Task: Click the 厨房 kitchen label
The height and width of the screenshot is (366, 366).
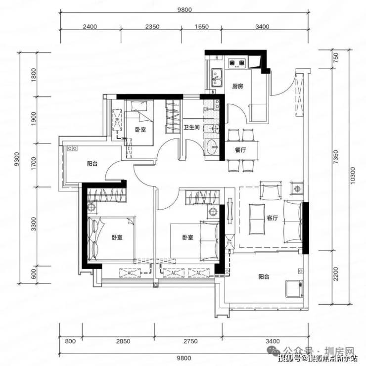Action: (x=237, y=87)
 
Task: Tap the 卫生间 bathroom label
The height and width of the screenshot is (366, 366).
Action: (x=191, y=128)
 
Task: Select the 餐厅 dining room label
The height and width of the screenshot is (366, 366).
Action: (x=240, y=150)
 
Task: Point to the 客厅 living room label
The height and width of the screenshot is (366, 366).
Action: (x=273, y=218)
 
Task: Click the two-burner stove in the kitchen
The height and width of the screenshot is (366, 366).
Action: (x=237, y=63)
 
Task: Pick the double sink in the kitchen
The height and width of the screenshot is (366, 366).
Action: (x=217, y=78)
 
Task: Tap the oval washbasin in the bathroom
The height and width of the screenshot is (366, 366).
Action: (x=212, y=147)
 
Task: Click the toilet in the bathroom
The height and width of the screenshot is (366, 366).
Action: (x=212, y=129)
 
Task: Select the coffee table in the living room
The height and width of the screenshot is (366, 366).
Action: (x=257, y=219)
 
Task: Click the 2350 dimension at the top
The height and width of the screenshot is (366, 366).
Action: (x=152, y=27)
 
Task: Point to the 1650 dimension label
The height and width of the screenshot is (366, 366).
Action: (x=201, y=27)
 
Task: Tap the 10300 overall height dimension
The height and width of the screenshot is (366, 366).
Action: (x=353, y=176)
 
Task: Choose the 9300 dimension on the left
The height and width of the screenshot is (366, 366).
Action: (x=17, y=159)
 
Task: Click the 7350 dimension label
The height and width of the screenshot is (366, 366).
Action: (x=336, y=157)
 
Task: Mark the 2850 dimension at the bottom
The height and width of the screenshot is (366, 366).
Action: (x=123, y=341)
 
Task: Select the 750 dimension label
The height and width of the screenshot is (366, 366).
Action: (x=336, y=58)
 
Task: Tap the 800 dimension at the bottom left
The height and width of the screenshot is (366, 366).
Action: (x=70, y=341)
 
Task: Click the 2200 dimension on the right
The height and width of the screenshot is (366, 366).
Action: (x=336, y=274)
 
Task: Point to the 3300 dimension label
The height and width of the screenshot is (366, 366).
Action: (x=34, y=224)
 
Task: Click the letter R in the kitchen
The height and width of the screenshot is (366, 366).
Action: (x=217, y=58)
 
